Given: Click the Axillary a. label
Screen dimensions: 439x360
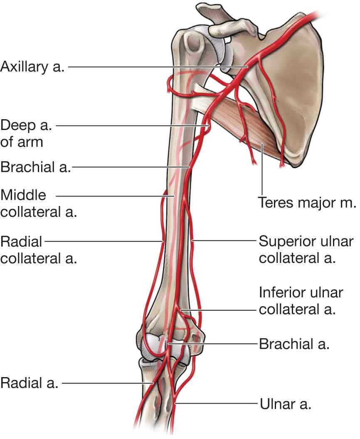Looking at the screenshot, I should pos(32,66).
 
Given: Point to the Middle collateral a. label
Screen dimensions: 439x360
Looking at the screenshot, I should pos(39,203).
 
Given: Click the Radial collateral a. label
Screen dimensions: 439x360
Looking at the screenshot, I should pos(39,249).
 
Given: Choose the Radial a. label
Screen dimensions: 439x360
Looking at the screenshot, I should pos(29,383).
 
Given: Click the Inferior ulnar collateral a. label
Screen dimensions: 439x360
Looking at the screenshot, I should pos(301,301).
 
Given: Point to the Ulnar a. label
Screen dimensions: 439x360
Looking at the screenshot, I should pos(285,403).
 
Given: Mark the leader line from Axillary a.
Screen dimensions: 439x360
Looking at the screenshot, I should pos(158,66).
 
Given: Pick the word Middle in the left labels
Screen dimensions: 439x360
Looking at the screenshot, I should pos(24,195).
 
